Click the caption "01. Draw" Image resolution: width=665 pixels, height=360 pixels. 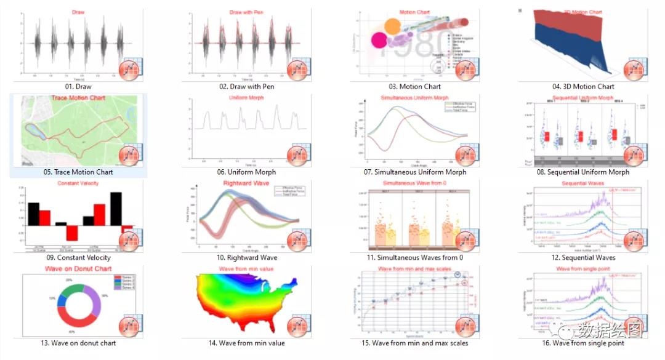(x=78, y=87)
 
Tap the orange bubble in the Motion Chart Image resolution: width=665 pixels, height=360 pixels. (x=392, y=25)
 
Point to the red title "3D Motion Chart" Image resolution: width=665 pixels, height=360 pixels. (x=582, y=12)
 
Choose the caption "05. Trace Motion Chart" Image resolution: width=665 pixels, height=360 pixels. (x=78, y=172)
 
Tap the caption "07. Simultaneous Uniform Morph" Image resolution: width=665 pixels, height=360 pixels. (x=415, y=172)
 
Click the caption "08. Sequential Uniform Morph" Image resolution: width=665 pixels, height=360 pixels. (x=582, y=172)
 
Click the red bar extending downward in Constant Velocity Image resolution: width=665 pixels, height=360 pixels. (x=73, y=233)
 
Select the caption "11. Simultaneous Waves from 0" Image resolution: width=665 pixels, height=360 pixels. (x=414, y=258)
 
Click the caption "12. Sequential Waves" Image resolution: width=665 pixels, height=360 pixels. (x=582, y=258)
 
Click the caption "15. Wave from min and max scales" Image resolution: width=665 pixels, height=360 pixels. (x=414, y=343)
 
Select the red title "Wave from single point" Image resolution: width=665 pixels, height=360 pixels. (x=582, y=269)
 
